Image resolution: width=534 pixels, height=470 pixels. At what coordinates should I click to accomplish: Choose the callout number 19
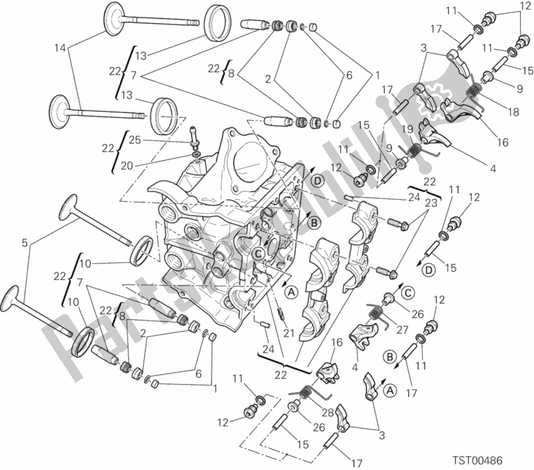pyautogui.click(x=406, y=128)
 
